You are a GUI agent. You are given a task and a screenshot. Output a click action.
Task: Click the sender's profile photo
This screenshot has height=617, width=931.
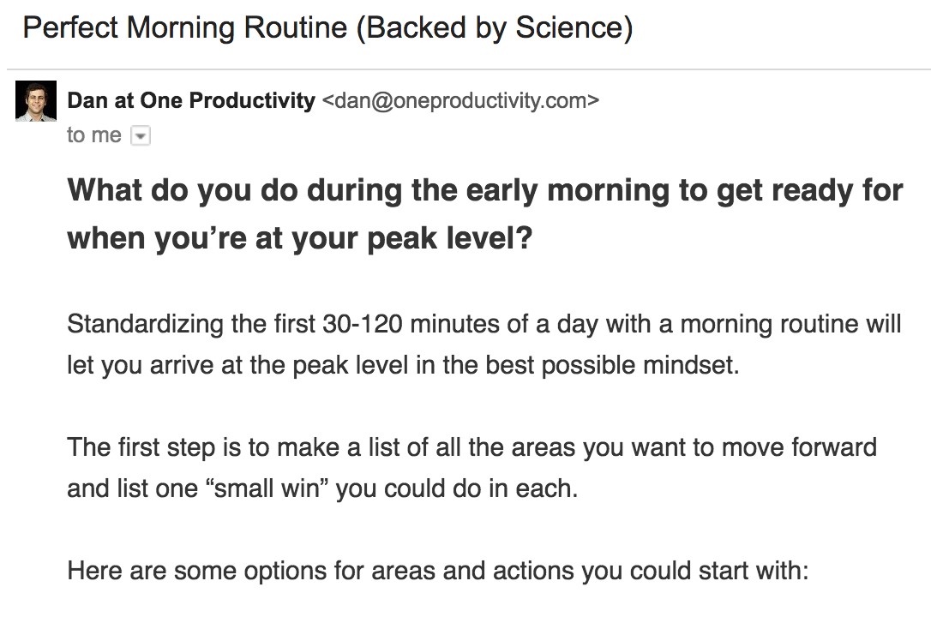pyautogui.click(x=36, y=101)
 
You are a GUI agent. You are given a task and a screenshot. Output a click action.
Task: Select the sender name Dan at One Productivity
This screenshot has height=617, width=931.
pyautogui.click(x=191, y=101)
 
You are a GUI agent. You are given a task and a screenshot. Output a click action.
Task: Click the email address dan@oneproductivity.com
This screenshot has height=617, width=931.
pyautogui.click(x=460, y=101)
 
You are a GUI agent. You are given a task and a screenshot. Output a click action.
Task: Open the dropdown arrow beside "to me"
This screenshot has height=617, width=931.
pyautogui.click(x=141, y=136)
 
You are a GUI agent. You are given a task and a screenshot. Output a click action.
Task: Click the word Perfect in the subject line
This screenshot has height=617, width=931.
pyautogui.click(x=70, y=29)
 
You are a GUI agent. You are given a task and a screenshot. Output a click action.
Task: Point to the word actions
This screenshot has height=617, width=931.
pyautogui.click(x=555, y=570)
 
